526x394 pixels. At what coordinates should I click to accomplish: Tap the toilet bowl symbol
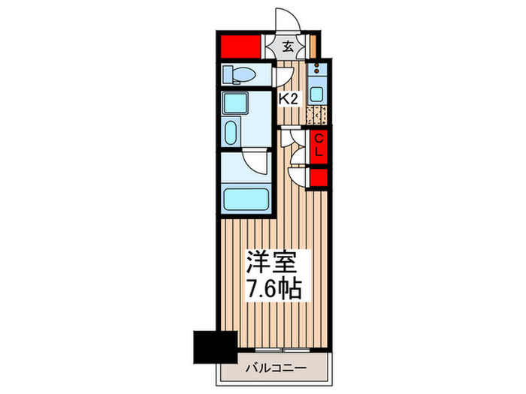pos(239,74)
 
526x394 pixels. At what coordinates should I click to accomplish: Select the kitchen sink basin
pos(317,95)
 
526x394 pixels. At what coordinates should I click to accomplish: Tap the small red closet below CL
pos(319,178)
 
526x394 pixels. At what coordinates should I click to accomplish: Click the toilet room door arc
pos(284,77)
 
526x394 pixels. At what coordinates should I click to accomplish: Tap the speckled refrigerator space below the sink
pos(317,116)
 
